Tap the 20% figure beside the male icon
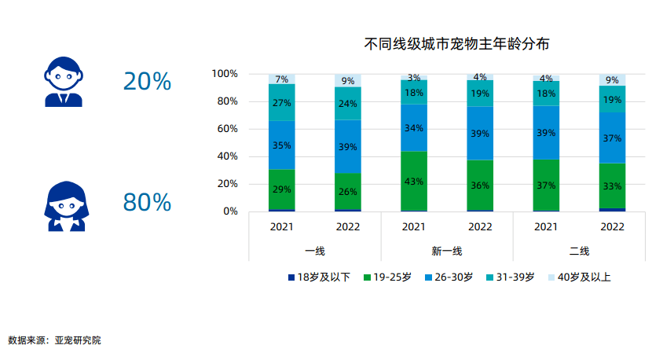pos(147,81)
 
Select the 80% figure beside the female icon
pos(147,202)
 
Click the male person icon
pos(63,82)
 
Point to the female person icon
pos(63,206)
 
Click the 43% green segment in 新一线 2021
pos(414,181)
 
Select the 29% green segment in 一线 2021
pos(281,189)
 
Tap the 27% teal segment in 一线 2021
pos(281,102)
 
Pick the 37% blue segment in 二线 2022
pos(613,138)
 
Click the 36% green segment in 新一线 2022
pos(480,186)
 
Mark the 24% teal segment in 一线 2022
pos(348,103)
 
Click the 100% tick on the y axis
pos(225,74)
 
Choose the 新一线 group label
pos(447,252)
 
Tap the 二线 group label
pos(580,252)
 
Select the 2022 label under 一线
pos(348,228)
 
